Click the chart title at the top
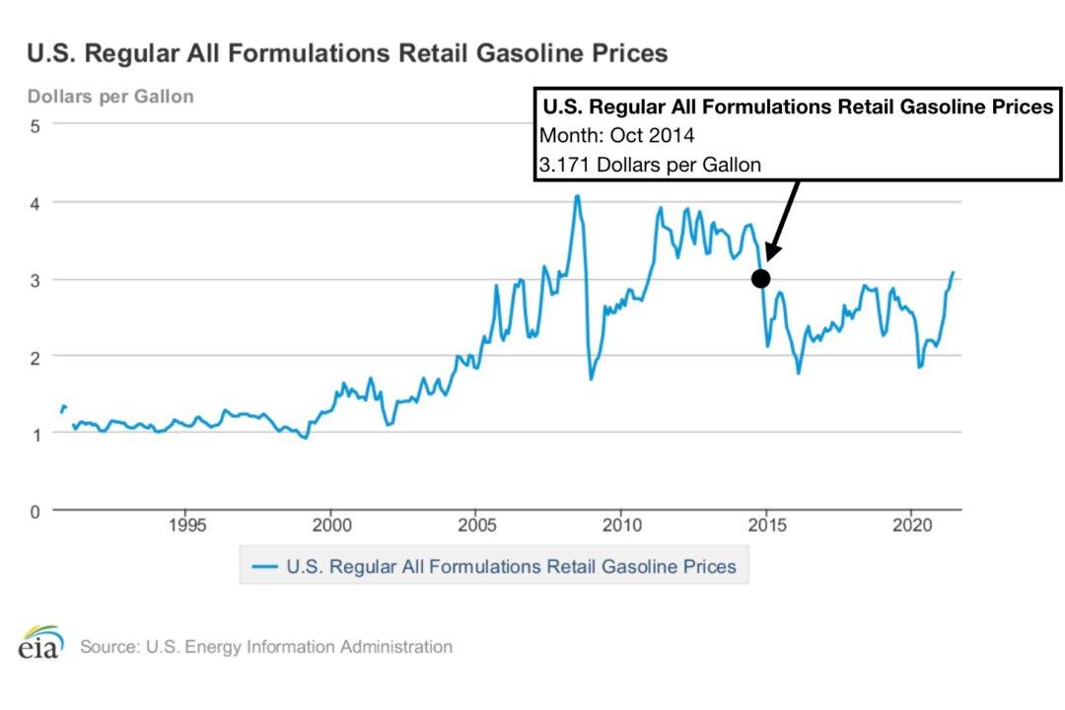click(x=347, y=52)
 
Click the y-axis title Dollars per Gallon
click(x=110, y=97)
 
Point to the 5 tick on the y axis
click(x=34, y=125)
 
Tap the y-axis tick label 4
click(x=34, y=203)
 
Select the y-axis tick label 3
click(x=34, y=280)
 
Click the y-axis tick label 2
click(x=34, y=357)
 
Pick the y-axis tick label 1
click(x=34, y=434)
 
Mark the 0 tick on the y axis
click(x=34, y=511)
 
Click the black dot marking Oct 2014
click(x=760, y=279)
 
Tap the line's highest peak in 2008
click(x=578, y=196)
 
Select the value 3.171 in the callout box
click(x=561, y=165)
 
